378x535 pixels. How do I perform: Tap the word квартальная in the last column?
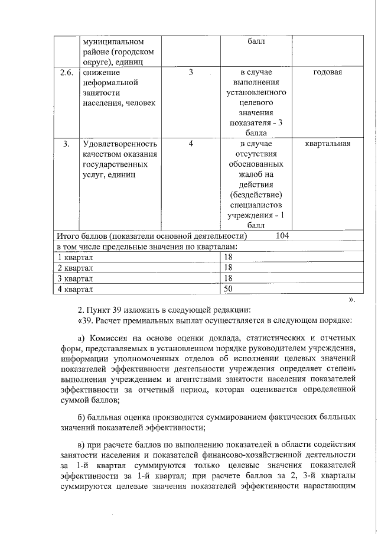(x=328, y=144)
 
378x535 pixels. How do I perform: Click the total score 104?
(x=282, y=236)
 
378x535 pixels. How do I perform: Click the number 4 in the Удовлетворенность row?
(x=191, y=144)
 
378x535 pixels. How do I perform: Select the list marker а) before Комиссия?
(x=82, y=338)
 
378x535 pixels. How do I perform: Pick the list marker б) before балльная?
(x=82, y=417)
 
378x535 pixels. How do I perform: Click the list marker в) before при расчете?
(x=82, y=444)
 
